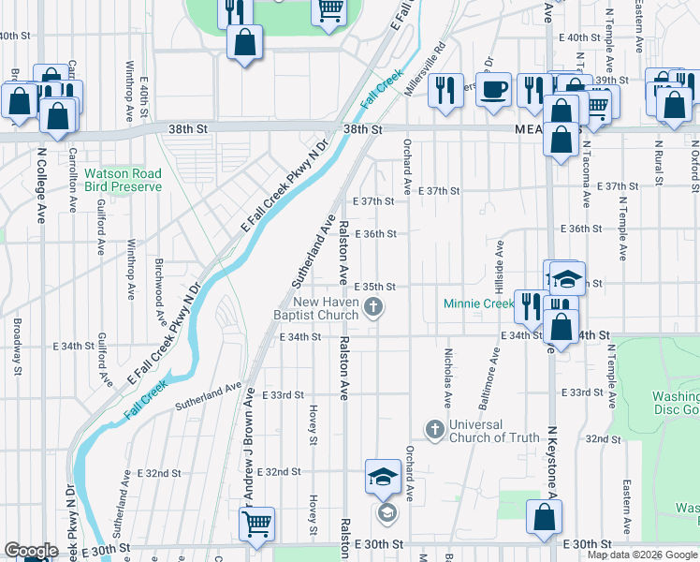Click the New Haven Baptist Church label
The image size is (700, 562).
325,308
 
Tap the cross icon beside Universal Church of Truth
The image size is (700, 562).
433,429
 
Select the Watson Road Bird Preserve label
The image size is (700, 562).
123,180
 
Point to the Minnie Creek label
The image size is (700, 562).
478,303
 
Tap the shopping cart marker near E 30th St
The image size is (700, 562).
256,525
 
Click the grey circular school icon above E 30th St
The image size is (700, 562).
386,512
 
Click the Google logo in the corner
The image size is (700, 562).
31,551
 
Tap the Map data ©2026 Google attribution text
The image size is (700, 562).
642,555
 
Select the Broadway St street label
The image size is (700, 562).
17,344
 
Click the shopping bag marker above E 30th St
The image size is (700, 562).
545,518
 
